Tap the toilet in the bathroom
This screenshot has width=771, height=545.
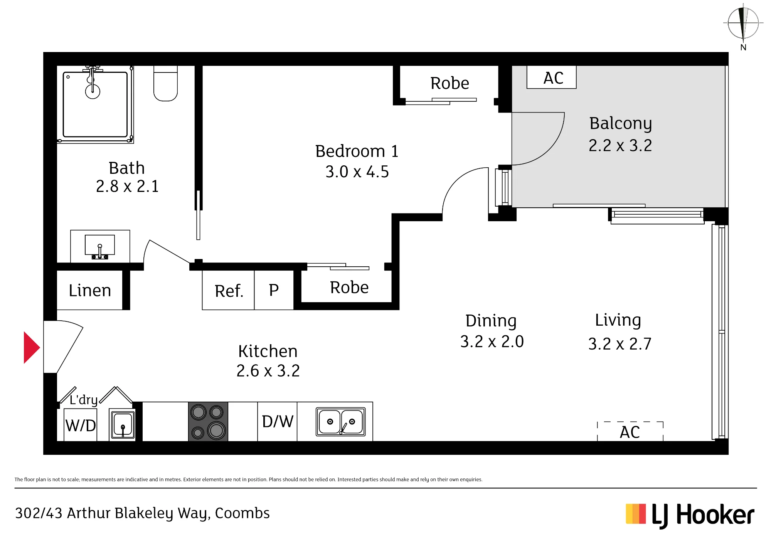165,83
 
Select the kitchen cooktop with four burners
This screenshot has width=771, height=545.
208,421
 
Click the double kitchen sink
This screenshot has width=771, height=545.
341,422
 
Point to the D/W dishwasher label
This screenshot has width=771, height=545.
278,422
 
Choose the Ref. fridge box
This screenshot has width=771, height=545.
228,290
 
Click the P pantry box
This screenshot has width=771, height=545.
274,290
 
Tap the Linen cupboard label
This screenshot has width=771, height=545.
90,290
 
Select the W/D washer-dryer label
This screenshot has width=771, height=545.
81,426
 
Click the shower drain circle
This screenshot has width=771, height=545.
93,91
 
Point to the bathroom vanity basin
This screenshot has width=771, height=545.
100,246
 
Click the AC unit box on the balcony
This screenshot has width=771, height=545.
552,77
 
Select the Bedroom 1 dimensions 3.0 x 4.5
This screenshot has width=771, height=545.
357,172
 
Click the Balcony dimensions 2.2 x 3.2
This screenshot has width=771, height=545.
620,146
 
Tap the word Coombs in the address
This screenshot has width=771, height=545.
242,513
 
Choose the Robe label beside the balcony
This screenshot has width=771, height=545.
450,83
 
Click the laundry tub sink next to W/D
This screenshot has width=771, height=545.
123,425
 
